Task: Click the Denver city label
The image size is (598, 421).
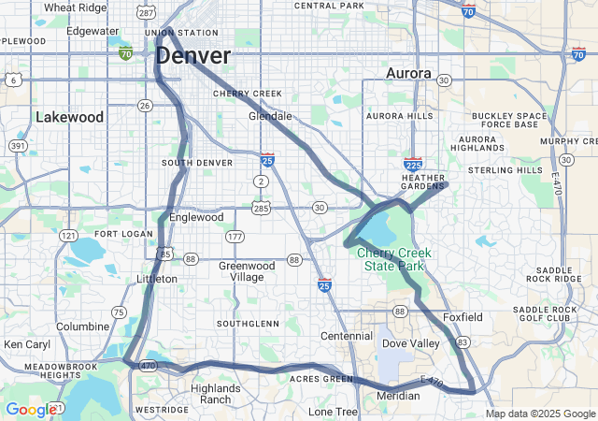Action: tap(192, 55)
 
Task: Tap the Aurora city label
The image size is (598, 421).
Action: tap(408, 73)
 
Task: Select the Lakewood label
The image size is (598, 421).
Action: tap(69, 117)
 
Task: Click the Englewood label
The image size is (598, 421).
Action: tap(196, 217)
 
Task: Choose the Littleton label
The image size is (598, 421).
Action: tap(156, 279)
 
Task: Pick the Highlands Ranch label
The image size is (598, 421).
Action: tap(215, 394)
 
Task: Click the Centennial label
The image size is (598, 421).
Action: tap(346, 336)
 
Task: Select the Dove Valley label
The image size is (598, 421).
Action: tap(410, 343)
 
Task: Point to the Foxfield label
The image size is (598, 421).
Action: tap(463, 317)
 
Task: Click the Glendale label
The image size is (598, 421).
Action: tap(270, 117)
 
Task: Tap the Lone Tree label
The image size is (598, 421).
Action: tap(334, 412)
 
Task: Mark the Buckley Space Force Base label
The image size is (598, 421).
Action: tap(509, 121)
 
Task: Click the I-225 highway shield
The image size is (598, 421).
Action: tap(415, 164)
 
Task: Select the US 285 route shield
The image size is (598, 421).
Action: tap(261, 207)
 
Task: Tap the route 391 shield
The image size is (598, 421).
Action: tap(18, 146)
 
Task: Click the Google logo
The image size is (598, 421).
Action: tap(30, 410)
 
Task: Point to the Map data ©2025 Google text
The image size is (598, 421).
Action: tap(539, 414)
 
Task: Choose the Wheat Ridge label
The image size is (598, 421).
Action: tap(75, 7)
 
